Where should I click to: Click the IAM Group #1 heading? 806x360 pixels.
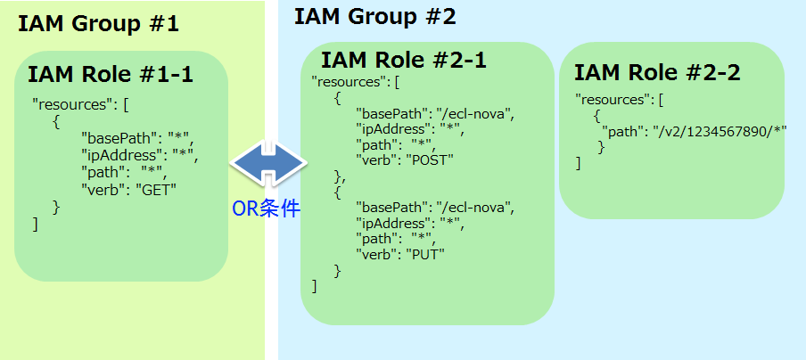(98, 23)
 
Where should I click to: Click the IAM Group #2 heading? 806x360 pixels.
(374, 16)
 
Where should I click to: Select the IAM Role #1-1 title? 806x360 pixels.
(111, 74)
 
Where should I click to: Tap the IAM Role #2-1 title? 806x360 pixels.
(403, 61)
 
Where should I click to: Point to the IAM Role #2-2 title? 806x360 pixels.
(657, 72)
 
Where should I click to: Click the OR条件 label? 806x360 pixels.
(266, 209)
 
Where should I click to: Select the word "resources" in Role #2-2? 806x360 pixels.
(615, 99)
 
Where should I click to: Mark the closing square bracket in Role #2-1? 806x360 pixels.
(315, 285)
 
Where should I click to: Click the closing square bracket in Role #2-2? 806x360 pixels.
(578, 163)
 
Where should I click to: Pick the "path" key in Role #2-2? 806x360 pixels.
(625, 133)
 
